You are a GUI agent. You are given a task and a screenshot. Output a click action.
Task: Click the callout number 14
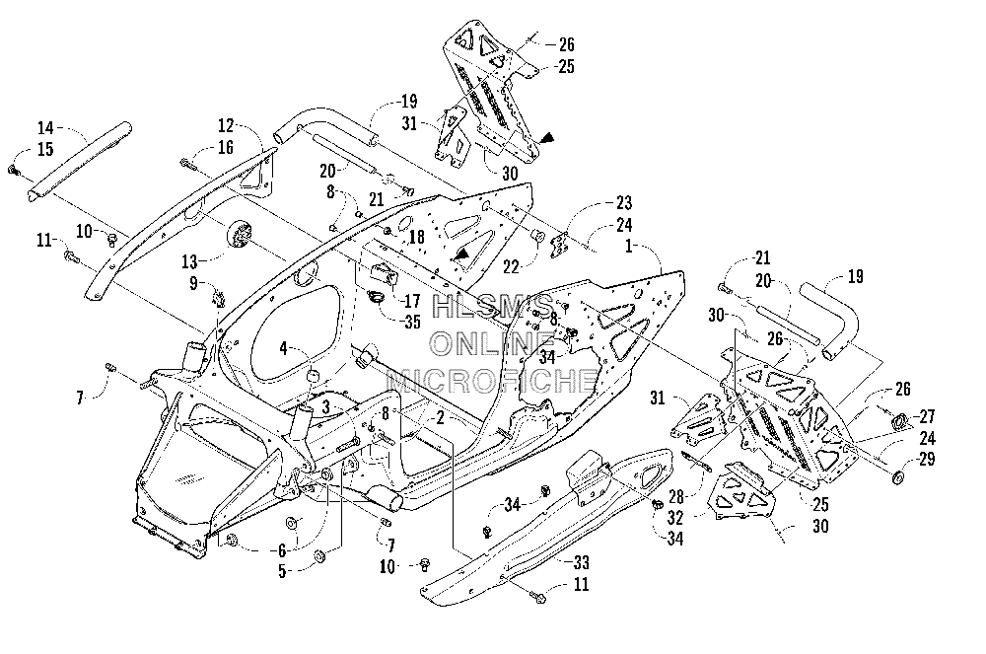(45, 128)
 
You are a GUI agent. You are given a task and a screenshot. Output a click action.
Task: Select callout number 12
(226, 126)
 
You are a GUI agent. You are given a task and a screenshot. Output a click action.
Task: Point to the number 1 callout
(627, 247)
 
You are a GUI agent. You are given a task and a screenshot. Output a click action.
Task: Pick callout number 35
(412, 322)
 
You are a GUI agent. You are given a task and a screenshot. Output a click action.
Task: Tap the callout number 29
(927, 459)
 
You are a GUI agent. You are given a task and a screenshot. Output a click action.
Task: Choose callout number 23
(624, 202)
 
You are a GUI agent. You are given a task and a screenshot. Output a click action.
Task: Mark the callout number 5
(282, 571)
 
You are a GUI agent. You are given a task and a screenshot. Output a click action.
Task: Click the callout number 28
(676, 497)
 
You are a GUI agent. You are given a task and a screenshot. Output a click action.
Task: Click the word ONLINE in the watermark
(492, 343)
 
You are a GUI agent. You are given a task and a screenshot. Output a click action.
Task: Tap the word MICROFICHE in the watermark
(492, 381)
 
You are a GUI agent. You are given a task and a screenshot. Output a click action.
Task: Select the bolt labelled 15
(13, 169)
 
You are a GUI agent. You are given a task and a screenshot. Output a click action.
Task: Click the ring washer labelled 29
(898, 477)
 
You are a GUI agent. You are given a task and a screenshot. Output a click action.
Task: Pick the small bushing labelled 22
(537, 237)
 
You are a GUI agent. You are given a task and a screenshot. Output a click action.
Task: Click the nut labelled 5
(318, 555)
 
